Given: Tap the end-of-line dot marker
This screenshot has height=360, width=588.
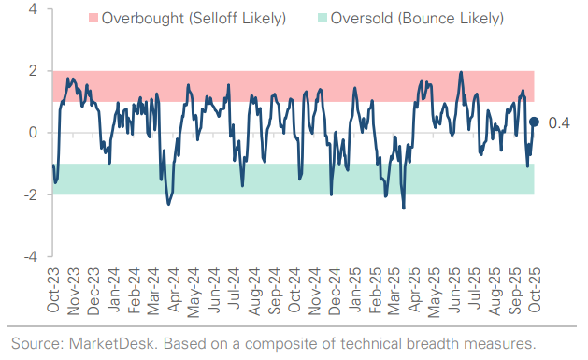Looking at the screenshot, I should tap(534, 121).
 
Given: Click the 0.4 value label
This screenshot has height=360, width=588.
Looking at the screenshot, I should tap(559, 122).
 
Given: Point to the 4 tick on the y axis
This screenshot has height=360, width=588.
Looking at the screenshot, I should tap(33, 9).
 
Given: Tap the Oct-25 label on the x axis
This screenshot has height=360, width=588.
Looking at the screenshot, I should tap(534, 289).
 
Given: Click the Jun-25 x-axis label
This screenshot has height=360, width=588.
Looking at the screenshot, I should tap(453, 289).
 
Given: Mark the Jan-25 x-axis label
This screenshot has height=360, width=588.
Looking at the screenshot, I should tap(353, 289).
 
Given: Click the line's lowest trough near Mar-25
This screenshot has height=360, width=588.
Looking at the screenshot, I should tap(404, 208).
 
